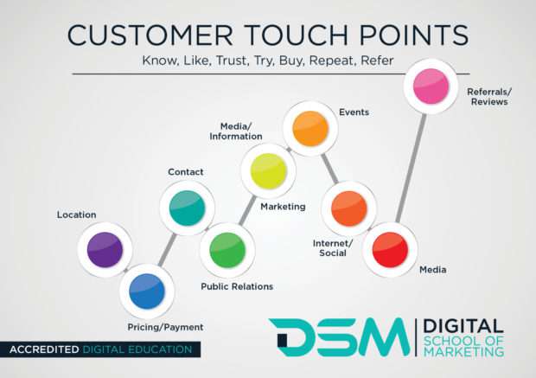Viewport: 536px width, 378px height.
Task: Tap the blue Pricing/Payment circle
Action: pyautogui.click(x=147, y=292)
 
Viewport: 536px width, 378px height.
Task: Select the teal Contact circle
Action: pyautogui.click(x=187, y=208)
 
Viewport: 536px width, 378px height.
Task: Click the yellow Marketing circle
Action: pyautogui.click(x=268, y=170)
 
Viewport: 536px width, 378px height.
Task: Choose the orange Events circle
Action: pyautogui.click(x=310, y=128)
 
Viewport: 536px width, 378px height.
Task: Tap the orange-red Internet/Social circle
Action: pyautogui.click(x=348, y=208)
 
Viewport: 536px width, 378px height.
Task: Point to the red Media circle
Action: pyautogui.click(x=389, y=250)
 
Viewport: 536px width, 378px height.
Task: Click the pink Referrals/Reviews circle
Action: pyautogui.click(x=431, y=86)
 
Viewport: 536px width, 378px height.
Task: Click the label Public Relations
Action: pyautogui.click(x=237, y=286)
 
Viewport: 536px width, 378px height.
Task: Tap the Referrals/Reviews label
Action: pyautogui.click(x=488, y=96)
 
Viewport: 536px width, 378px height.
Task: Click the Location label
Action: pyautogui.click(x=76, y=214)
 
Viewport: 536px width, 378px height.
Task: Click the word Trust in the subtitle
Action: pyautogui.click(x=265, y=61)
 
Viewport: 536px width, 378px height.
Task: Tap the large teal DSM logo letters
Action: pyautogui.click(x=338, y=337)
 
